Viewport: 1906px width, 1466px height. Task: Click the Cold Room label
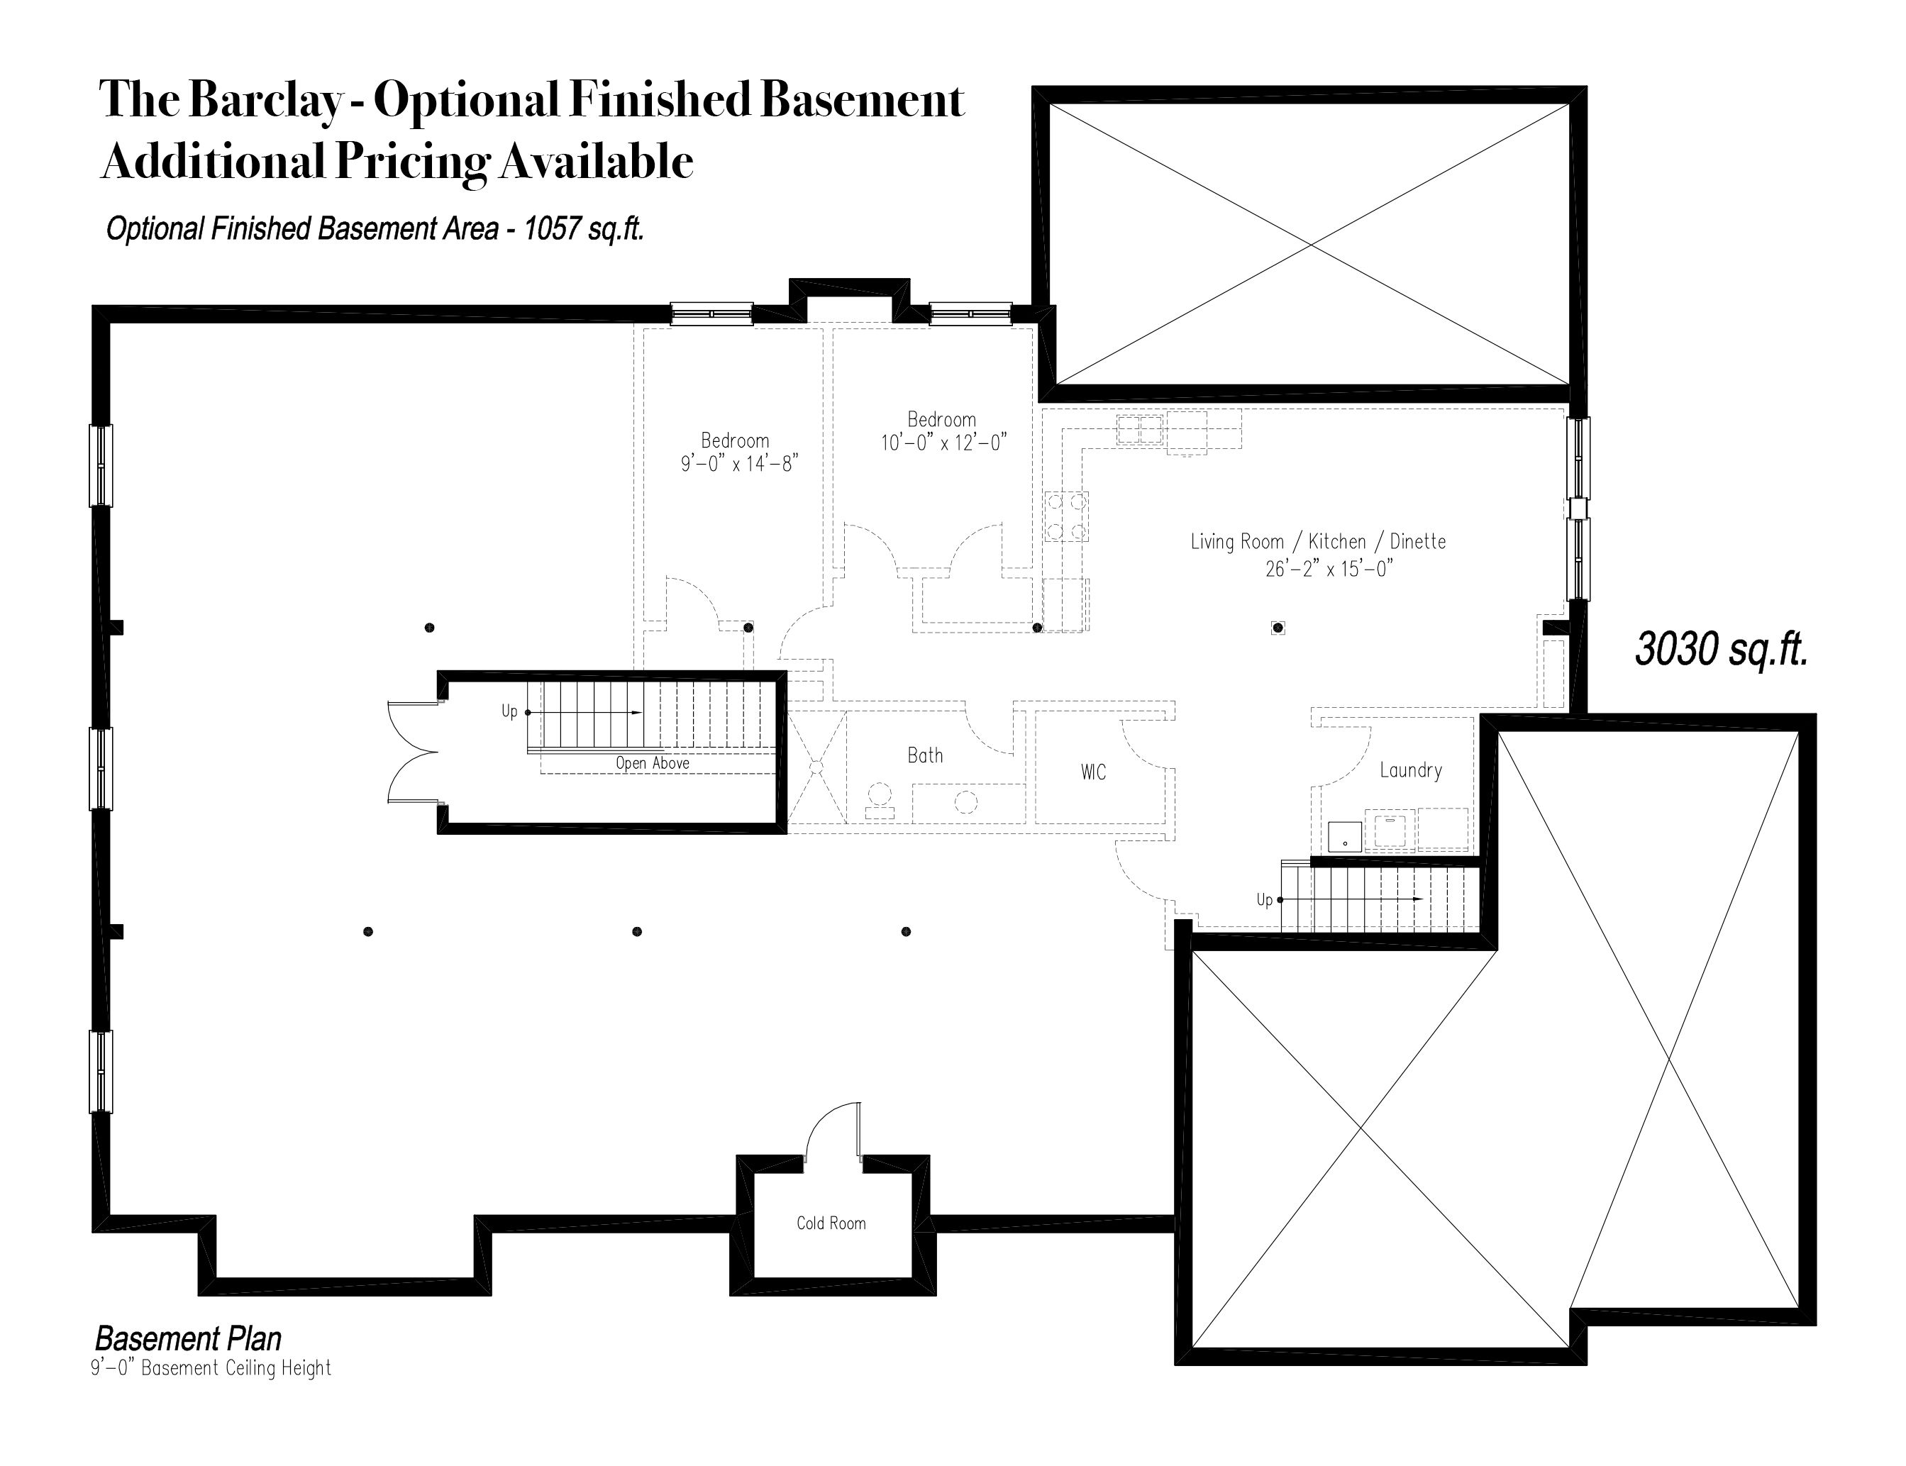coord(831,1223)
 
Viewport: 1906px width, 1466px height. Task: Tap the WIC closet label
coord(1094,772)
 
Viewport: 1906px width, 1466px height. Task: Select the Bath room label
coord(925,755)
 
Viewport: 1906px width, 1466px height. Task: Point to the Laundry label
coord(1410,770)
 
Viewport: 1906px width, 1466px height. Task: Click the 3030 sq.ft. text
coord(1721,649)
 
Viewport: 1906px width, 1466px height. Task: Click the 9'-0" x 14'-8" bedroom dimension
coord(740,463)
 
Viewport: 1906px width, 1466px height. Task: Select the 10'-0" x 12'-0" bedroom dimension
coord(943,443)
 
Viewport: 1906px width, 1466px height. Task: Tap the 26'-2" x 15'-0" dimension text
coord(1329,569)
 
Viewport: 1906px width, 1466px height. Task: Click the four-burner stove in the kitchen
coord(1066,516)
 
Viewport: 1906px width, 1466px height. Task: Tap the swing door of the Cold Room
coord(833,1133)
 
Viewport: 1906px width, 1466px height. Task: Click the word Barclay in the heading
coord(265,100)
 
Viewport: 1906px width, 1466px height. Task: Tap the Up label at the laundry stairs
coord(1265,899)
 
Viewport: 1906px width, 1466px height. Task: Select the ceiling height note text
coord(211,1368)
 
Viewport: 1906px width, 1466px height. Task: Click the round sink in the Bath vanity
coord(966,800)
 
